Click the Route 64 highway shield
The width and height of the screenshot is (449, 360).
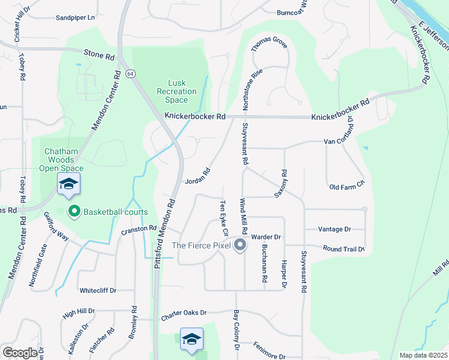(130, 73)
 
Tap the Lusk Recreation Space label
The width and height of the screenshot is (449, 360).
(176, 91)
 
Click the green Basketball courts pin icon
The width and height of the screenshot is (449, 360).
(74, 211)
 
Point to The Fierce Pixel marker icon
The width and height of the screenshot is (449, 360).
(240, 245)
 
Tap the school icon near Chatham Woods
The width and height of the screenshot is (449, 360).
(69, 184)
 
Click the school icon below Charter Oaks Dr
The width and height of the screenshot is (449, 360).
(191, 339)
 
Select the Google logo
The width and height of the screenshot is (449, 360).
(20, 353)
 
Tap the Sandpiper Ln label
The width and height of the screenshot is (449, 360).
(76, 18)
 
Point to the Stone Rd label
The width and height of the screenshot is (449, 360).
(99, 55)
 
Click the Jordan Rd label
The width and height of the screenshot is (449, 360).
(197, 176)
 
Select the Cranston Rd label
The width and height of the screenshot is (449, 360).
(139, 229)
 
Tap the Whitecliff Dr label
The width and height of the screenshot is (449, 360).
(98, 290)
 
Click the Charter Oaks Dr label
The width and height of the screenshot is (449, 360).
(183, 313)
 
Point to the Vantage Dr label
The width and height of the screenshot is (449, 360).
(335, 229)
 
